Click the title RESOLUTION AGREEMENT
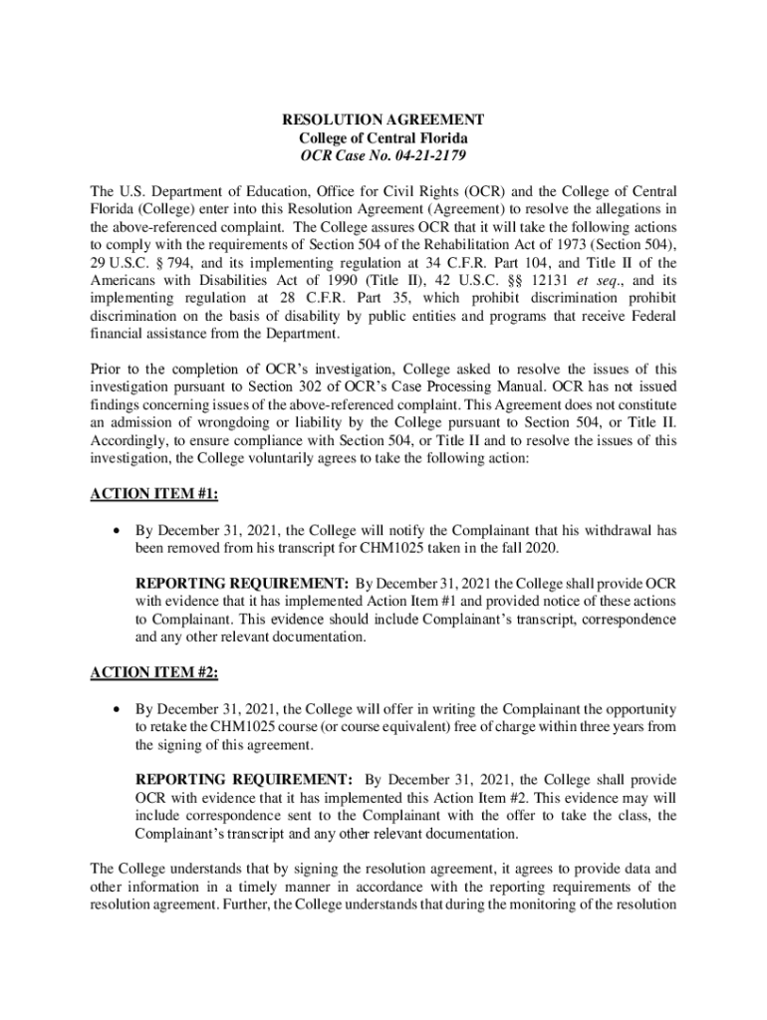(x=383, y=120)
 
